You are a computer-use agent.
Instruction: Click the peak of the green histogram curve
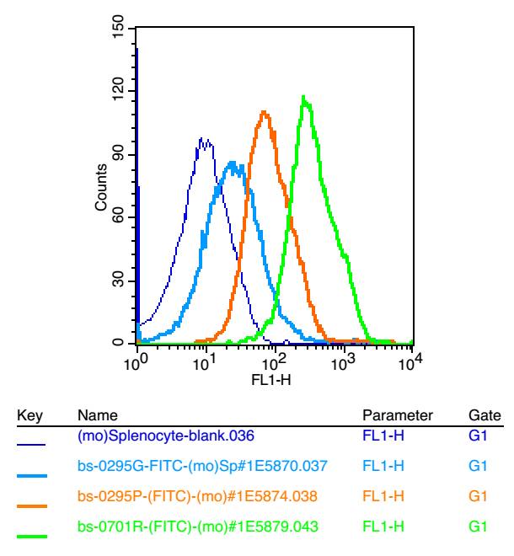(303, 97)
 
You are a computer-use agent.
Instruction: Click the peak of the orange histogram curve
(265, 111)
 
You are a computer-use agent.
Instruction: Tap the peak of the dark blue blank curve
(202, 138)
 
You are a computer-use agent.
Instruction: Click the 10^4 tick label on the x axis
(410, 361)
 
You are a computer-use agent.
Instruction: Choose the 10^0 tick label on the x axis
(136, 361)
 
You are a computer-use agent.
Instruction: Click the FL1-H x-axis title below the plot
(272, 379)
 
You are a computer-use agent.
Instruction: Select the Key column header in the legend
(29, 415)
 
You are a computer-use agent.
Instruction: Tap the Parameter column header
(397, 415)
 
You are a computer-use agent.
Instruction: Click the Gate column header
(480, 415)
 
